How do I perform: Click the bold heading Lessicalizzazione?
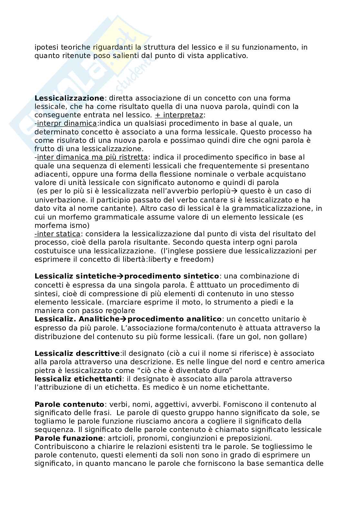click(69, 98)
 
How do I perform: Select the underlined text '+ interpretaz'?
click(179, 115)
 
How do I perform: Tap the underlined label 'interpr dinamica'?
click(67, 123)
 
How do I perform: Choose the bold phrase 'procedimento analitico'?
click(175, 319)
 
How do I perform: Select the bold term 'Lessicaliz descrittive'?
click(77, 353)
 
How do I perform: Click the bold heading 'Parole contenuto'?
click(69, 404)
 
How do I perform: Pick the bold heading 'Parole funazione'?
click(68, 438)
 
